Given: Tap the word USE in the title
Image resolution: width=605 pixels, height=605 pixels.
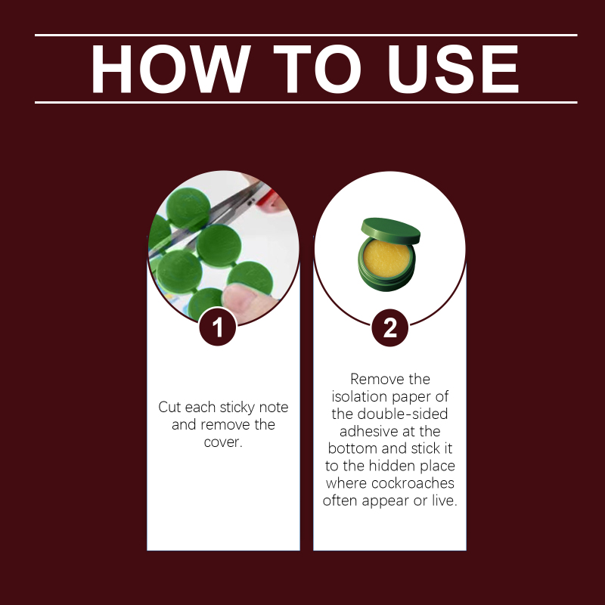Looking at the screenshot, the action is tap(453, 69).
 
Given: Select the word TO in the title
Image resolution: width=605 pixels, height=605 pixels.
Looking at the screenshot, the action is tap(317, 69).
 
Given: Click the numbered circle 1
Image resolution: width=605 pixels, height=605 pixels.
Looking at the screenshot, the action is tap(218, 327).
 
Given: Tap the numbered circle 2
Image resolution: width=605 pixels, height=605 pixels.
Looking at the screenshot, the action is tap(389, 327).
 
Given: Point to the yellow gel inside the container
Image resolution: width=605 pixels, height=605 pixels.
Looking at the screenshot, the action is tap(386, 258).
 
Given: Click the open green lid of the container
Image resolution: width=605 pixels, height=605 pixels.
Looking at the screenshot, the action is tap(390, 231).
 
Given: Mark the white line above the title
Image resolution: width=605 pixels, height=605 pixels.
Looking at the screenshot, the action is tap(306, 35).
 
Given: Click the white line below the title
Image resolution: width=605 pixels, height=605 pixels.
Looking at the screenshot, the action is tap(306, 103).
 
